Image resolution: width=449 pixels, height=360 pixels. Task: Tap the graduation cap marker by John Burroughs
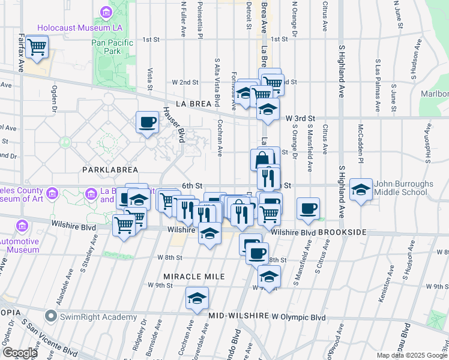click(x=361, y=190)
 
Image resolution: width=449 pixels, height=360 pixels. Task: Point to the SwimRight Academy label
click(x=97, y=317)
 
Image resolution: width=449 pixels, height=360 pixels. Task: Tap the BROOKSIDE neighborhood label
click(x=343, y=232)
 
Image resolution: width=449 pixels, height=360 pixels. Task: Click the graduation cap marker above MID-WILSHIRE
click(x=197, y=298)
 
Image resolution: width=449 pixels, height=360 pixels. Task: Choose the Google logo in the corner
click(x=20, y=353)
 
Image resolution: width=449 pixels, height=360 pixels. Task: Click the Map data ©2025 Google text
click(x=411, y=355)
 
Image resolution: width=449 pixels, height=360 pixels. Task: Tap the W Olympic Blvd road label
click(x=298, y=316)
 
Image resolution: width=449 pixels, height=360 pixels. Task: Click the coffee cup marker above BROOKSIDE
click(x=309, y=208)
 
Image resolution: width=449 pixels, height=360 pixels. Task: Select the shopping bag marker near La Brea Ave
click(x=262, y=160)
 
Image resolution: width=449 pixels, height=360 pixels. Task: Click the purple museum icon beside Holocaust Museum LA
click(x=106, y=13)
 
